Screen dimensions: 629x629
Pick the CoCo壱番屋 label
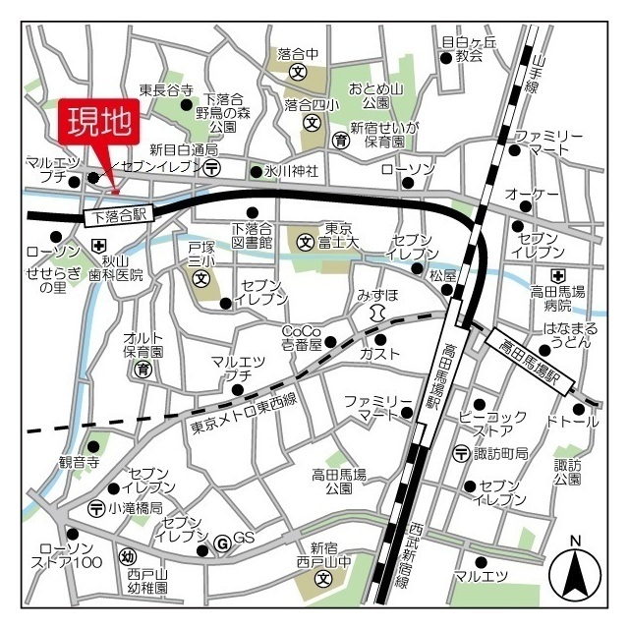point(302,337)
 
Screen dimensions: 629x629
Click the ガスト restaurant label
point(379,353)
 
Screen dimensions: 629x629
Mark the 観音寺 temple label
point(80,462)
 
